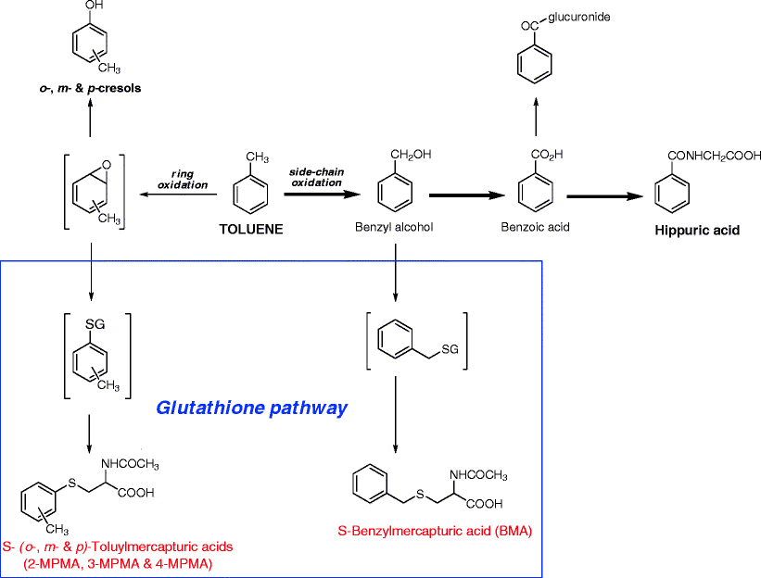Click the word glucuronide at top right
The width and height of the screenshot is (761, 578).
pyautogui.click(x=580, y=17)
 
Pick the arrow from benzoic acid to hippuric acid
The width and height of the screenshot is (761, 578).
pyautogui.click(x=604, y=196)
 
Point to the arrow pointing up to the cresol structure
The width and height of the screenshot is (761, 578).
pyautogui.click(x=90, y=117)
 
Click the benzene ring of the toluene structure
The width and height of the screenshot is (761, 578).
pyautogui.click(x=249, y=193)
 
